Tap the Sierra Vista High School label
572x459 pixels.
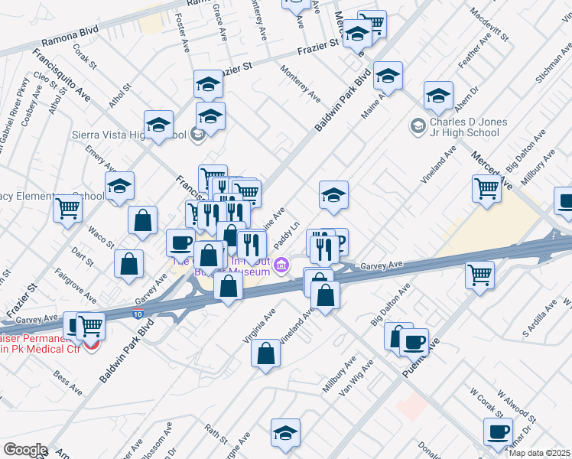pyautogui.click(x=140, y=135)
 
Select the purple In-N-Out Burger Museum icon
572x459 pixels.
pyautogui.click(x=282, y=265)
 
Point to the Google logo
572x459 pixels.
pyautogui.click(x=24, y=450)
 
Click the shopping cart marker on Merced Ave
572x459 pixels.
pyautogui.click(x=486, y=187)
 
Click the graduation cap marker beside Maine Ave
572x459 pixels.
pyautogui.click(x=388, y=76)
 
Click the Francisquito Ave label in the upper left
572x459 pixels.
pyautogui.click(x=61, y=77)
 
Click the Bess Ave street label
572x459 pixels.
pyautogui.click(x=67, y=382)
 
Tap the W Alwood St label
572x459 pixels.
pyautogui.click(x=517, y=408)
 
